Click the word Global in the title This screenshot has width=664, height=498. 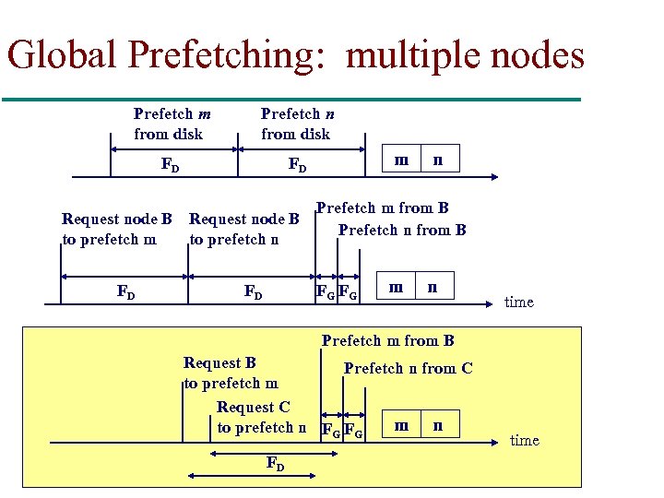pyautogui.click(x=64, y=55)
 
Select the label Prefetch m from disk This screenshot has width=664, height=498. pyautogui.click(x=172, y=124)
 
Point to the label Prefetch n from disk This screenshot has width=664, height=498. pyautogui.click(x=295, y=124)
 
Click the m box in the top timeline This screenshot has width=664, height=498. pyautogui.click(x=402, y=160)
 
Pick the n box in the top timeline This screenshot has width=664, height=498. pyautogui.click(x=438, y=160)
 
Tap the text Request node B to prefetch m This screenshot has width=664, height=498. pyautogui.click(x=116, y=230)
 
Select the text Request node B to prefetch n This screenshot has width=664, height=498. pyautogui.click(x=244, y=230)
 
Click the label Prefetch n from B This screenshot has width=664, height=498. pyautogui.click(x=402, y=230)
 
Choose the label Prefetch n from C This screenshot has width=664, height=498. pyautogui.click(x=408, y=369)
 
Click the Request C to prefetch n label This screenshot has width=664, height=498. pyautogui.click(x=260, y=417)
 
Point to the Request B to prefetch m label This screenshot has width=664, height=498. pyautogui.click(x=231, y=373)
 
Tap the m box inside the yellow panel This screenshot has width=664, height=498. pyautogui.click(x=401, y=425)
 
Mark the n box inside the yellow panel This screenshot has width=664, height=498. pyautogui.click(x=437, y=425)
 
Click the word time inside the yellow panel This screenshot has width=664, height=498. pyautogui.click(x=524, y=440)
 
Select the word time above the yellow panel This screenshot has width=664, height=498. pyautogui.click(x=519, y=302)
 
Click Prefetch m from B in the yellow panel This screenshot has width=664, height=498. pyautogui.click(x=387, y=341)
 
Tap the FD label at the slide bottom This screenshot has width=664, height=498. pyautogui.click(x=275, y=464)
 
